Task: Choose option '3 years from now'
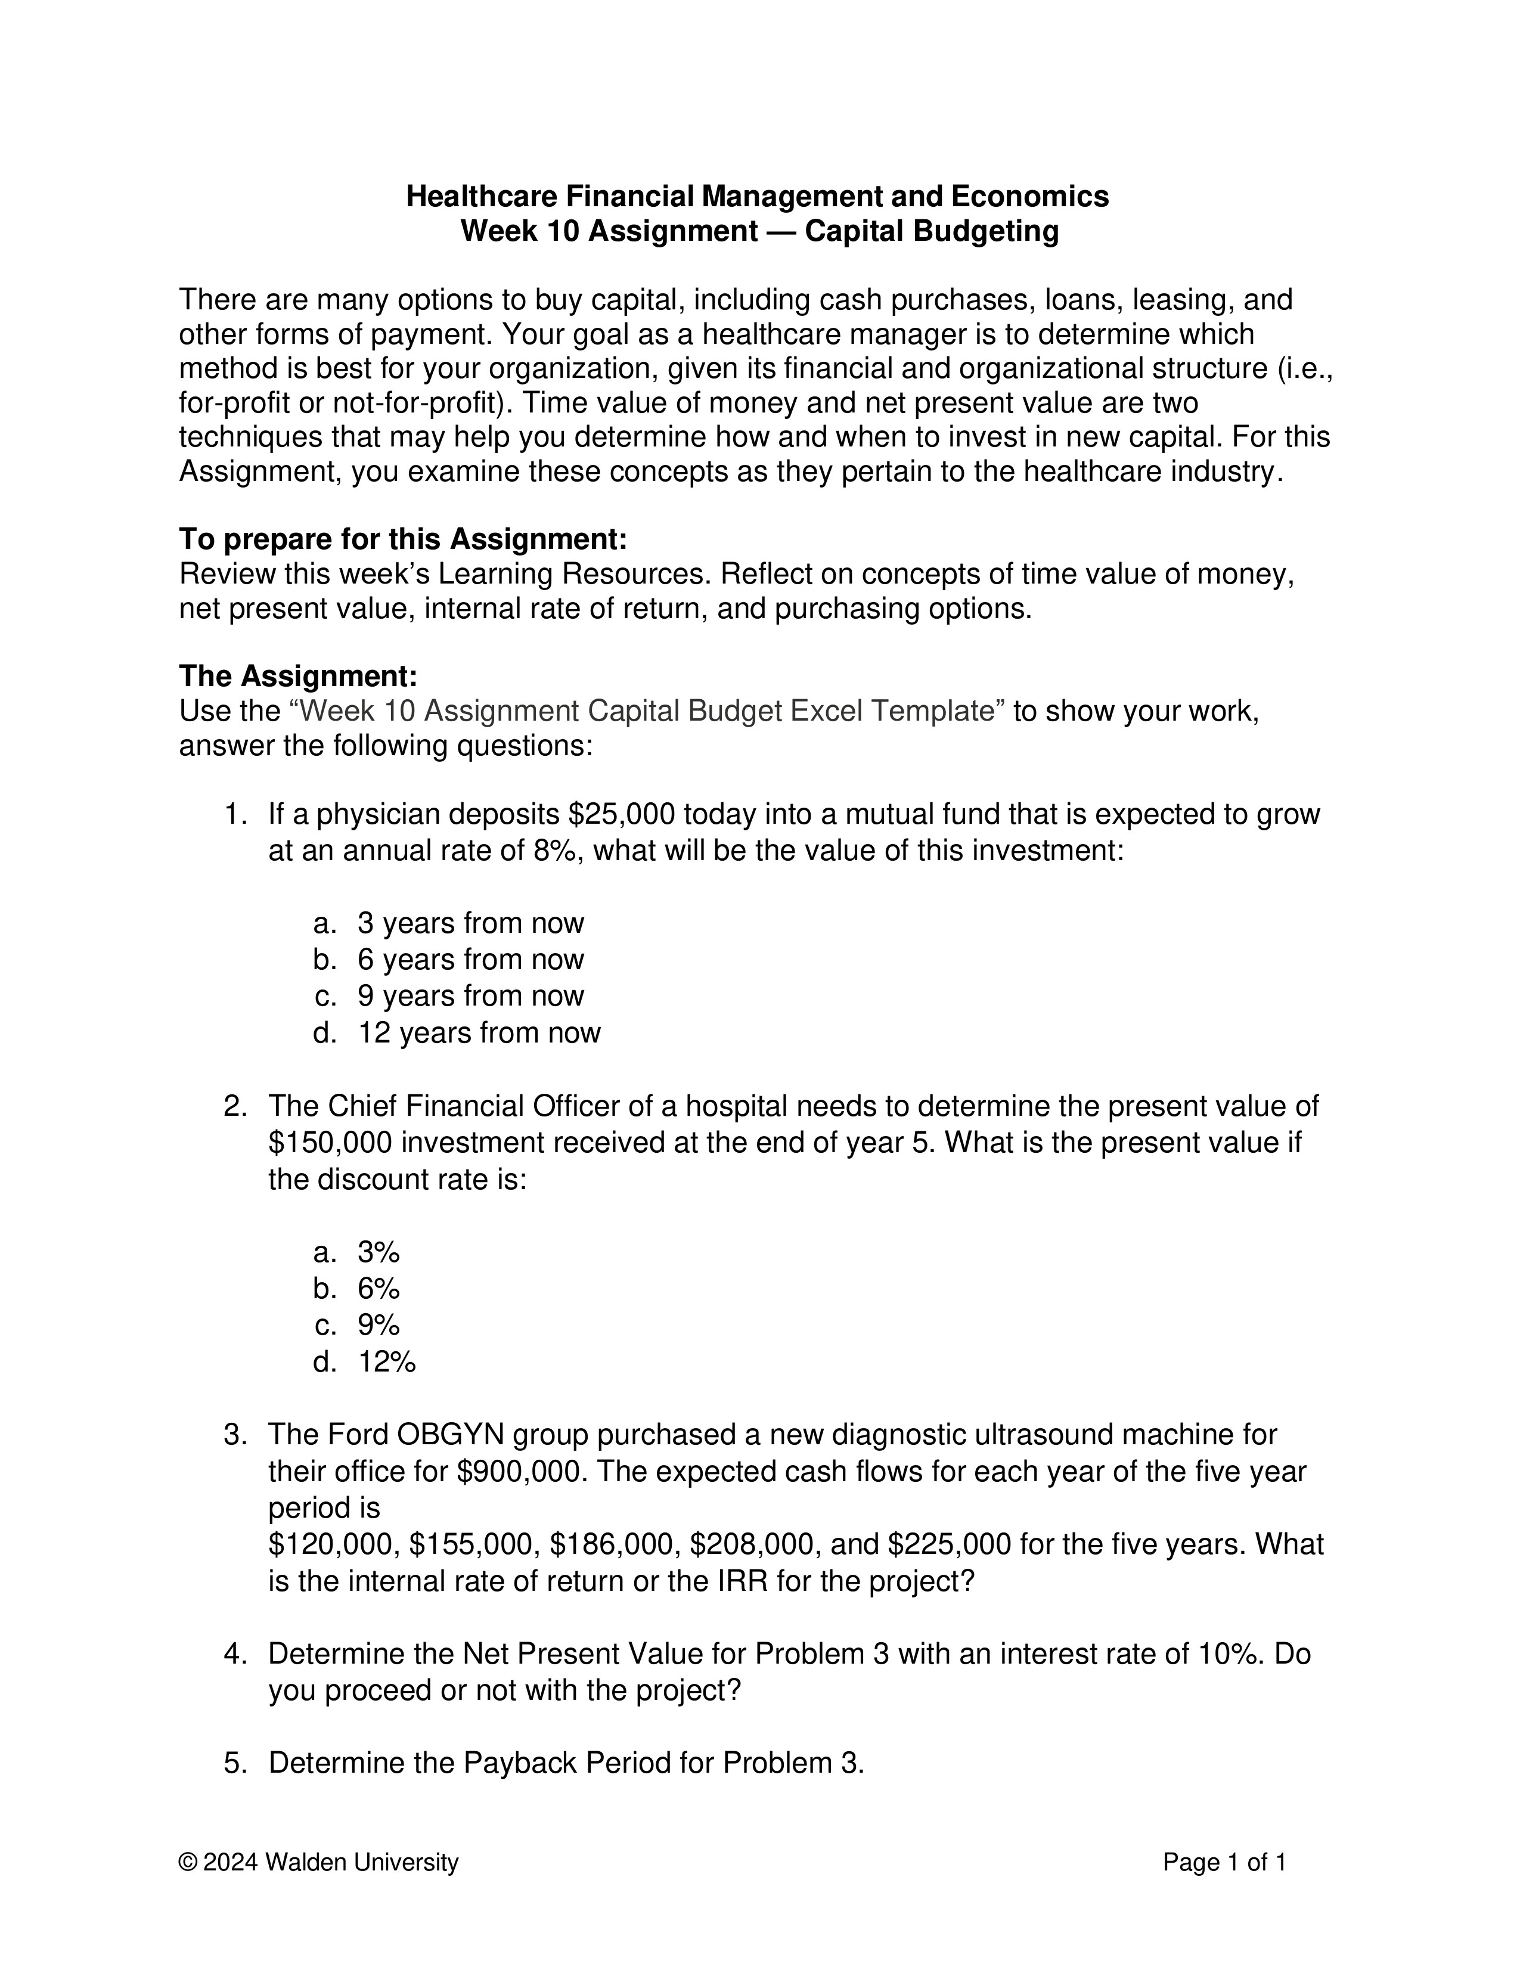tap(470, 923)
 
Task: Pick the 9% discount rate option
tap(378, 1325)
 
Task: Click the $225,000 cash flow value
tap(949, 1544)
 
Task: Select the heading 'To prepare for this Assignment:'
tap(402, 539)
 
